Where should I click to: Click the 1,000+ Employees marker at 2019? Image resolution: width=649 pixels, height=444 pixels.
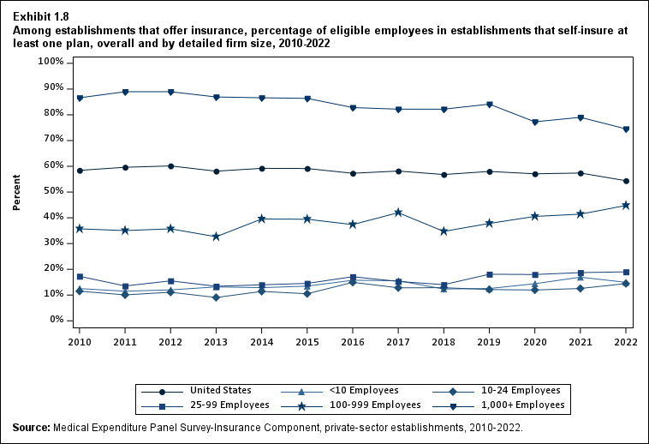[489, 105]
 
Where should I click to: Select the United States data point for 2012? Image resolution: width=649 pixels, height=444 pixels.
[170, 166]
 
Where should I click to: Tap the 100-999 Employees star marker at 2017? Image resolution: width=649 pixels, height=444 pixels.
[398, 212]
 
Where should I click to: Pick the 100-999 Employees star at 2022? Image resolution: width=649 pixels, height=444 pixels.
[626, 205]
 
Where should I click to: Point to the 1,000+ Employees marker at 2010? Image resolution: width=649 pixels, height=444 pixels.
[80, 98]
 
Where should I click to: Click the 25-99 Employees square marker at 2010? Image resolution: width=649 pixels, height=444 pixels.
[80, 276]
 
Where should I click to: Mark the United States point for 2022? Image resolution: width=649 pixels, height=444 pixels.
[626, 181]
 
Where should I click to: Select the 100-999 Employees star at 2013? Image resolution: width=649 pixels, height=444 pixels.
[216, 236]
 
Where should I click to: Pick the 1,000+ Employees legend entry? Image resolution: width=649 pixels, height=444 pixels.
[521, 404]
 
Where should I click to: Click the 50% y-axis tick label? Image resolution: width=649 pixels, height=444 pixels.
[51, 191]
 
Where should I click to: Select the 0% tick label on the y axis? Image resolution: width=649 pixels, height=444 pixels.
[55, 320]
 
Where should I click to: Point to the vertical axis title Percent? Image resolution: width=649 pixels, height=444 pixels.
[17, 191]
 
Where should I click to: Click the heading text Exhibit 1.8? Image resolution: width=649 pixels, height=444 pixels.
[41, 15]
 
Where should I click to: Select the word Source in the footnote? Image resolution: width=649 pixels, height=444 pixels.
[31, 427]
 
